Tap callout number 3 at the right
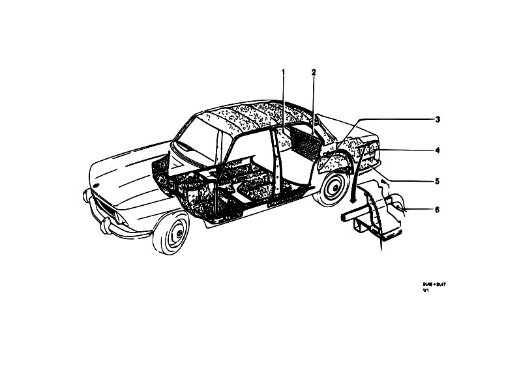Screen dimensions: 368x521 (x=438, y=120)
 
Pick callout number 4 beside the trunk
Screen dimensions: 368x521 (x=438, y=150)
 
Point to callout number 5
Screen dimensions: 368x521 (x=438, y=180)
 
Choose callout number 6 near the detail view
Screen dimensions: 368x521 (x=438, y=210)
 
